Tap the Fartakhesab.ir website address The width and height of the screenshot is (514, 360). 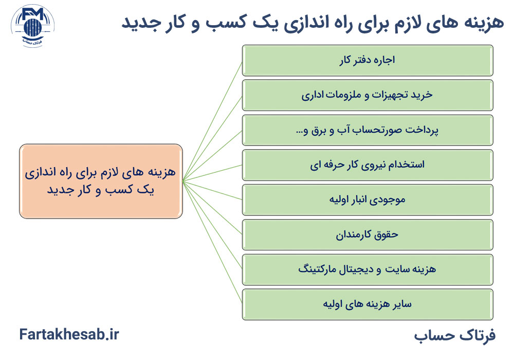point(69,335)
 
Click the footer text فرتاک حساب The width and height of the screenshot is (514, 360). point(454,335)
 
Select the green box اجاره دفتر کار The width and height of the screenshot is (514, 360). point(368,61)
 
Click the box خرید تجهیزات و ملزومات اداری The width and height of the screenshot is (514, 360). point(368,95)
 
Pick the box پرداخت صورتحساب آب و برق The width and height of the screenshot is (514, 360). point(368,130)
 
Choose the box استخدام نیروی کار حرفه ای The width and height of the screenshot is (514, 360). point(368,165)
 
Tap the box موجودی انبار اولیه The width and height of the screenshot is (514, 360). point(368,200)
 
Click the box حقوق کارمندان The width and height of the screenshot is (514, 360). point(368,235)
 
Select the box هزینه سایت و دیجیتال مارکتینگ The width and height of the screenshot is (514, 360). point(368,269)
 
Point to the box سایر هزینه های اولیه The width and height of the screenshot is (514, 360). point(368,304)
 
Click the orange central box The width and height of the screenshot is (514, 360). point(101,181)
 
